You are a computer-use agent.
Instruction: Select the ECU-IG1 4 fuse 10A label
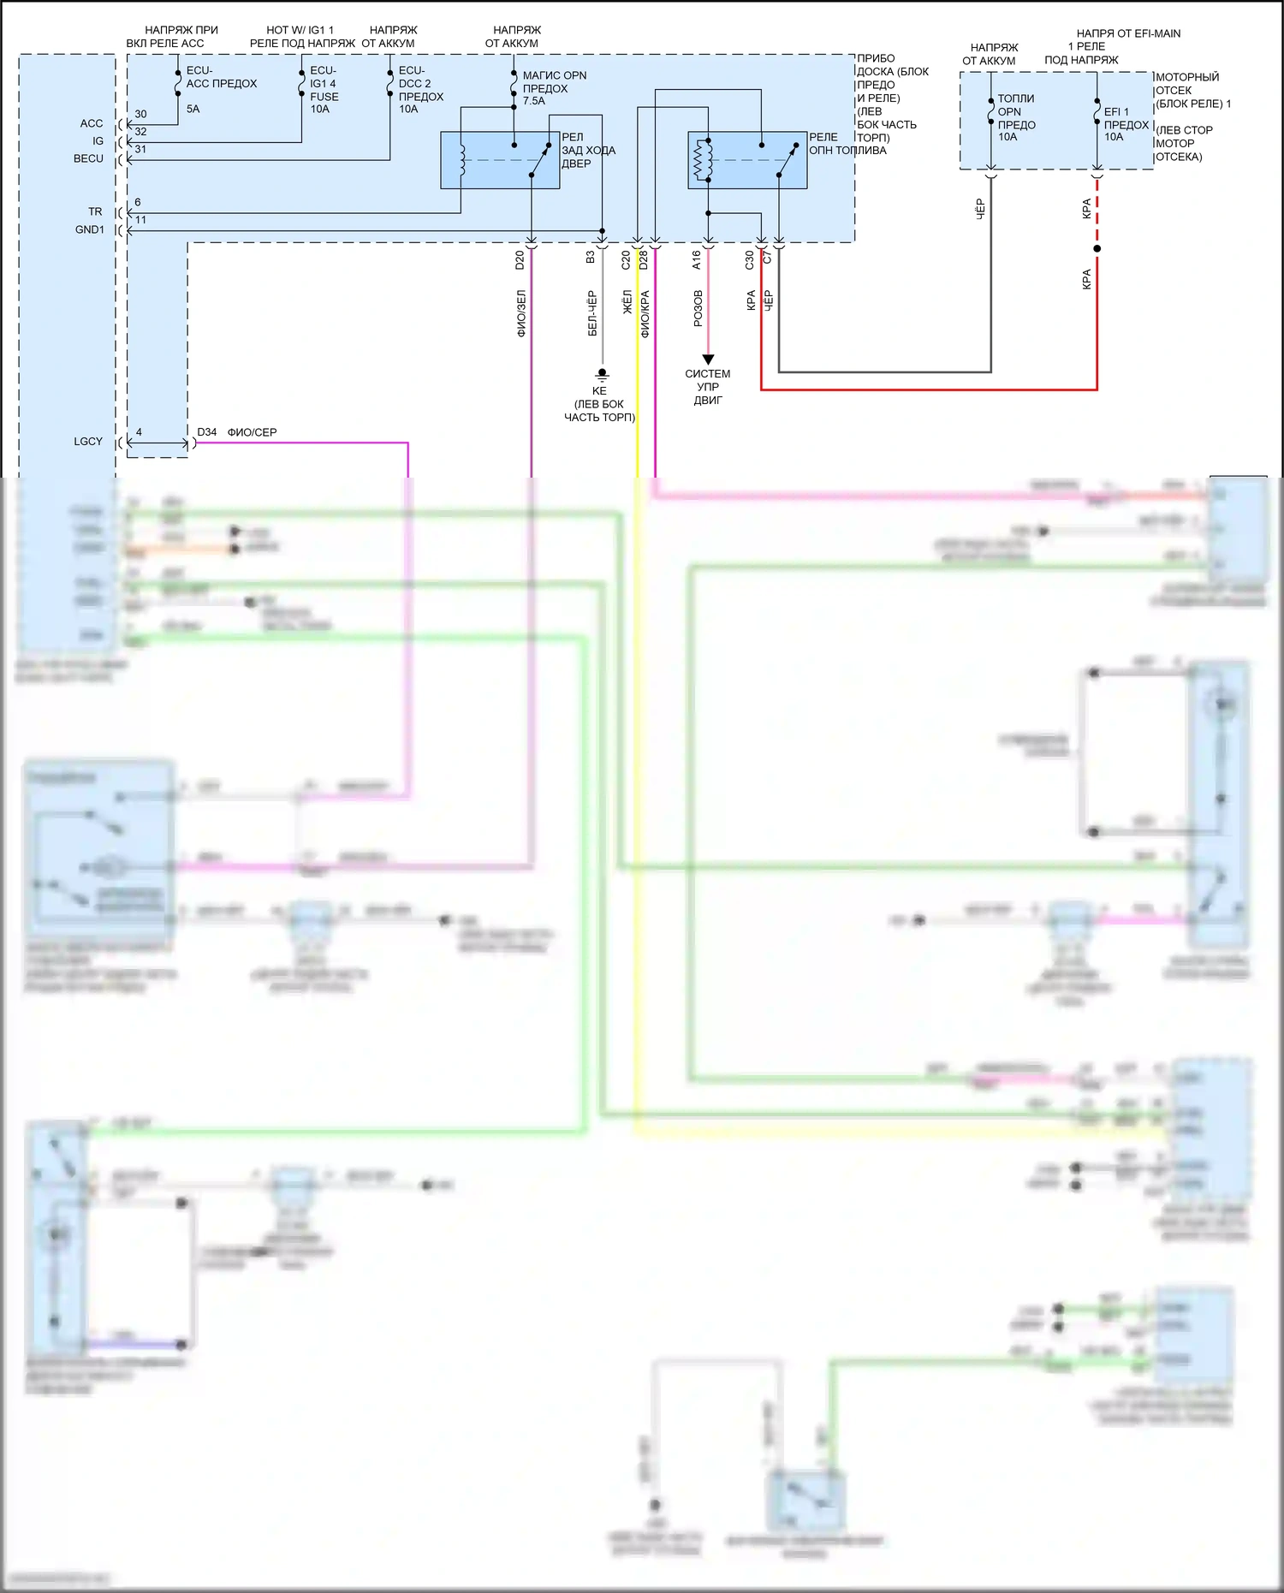(x=324, y=89)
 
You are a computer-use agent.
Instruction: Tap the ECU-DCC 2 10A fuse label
(x=420, y=89)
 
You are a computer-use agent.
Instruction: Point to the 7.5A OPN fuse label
(x=554, y=88)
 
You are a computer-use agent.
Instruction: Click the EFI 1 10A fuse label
(x=1126, y=124)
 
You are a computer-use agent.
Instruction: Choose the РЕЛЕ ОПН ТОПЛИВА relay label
(x=847, y=144)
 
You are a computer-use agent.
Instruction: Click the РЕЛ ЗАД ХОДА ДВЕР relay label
(x=588, y=150)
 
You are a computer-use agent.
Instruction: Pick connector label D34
(x=207, y=432)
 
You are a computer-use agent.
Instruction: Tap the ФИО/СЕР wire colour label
(x=252, y=432)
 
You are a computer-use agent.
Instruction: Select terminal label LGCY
(x=88, y=442)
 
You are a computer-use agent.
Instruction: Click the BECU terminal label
(x=88, y=158)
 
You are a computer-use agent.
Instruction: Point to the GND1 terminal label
(x=90, y=229)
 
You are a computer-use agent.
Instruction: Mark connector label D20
(x=520, y=260)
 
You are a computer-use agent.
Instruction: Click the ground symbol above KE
(x=602, y=374)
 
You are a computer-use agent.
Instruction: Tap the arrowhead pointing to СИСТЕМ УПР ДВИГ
(x=708, y=360)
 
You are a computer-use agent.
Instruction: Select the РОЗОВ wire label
(x=698, y=308)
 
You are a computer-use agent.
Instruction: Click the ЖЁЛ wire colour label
(x=627, y=302)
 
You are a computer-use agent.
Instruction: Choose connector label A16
(x=696, y=260)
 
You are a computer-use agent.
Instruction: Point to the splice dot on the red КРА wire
(x=1097, y=248)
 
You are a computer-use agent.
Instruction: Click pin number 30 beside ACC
(x=140, y=114)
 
